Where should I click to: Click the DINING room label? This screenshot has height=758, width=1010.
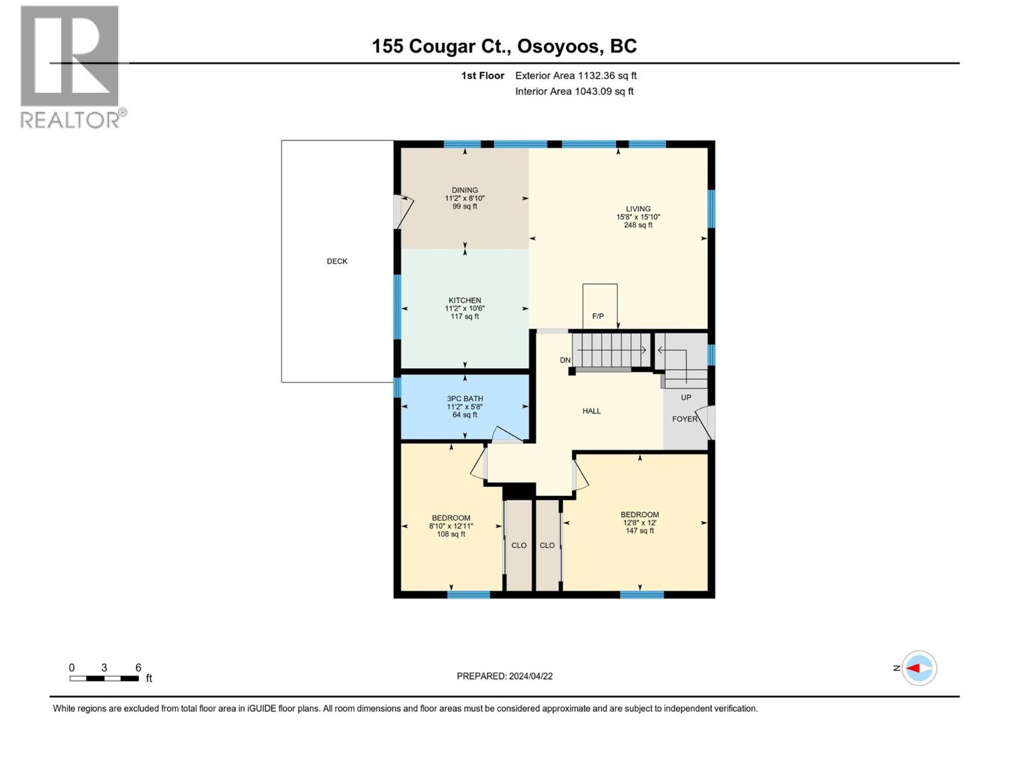click(x=465, y=191)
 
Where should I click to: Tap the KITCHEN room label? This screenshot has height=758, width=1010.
click(x=465, y=301)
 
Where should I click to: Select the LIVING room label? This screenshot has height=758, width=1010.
click(x=638, y=209)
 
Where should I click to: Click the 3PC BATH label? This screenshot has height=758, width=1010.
click(x=465, y=399)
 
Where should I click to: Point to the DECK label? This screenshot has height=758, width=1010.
click(x=337, y=262)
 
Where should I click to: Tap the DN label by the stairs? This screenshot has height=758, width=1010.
click(x=565, y=361)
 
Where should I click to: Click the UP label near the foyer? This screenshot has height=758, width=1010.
click(x=686, y=398)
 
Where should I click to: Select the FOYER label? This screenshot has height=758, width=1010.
click(x=684, y=419)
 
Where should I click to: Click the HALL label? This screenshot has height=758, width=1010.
click(x=591, y=411)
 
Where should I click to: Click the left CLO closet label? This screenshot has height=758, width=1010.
click(x=519, y=546)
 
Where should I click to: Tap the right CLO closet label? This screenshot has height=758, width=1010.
click(x=547, y=546)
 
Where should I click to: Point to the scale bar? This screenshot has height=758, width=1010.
click(x=104, y=678)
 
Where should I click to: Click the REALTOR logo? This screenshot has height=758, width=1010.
click(x=71, y=66)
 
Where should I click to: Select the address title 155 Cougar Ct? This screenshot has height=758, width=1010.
click(x=504, y=46)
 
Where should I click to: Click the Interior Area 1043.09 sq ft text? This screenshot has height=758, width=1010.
click(x=574, y=92)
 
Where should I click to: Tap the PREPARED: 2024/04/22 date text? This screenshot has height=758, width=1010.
click(x=504, y=676)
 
